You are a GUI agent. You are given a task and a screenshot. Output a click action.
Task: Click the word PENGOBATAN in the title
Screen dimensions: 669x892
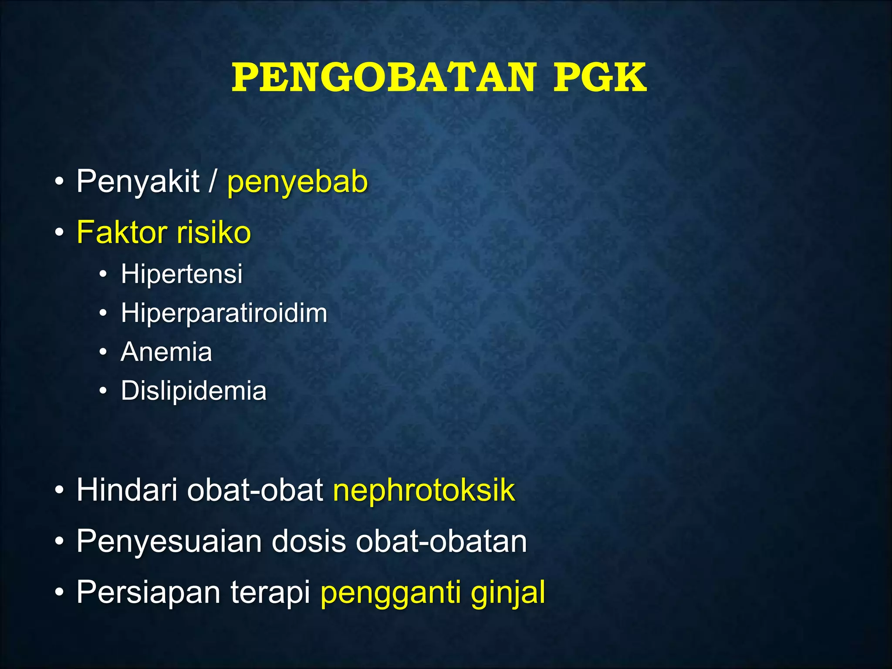[x=383, y=78]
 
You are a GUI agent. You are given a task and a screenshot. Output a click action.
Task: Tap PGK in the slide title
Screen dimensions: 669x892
[x=600, y=78]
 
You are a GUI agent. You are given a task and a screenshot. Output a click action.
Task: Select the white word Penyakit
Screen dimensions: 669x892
[x=138, y=181]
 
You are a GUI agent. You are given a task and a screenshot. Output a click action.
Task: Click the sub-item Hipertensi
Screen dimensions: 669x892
[x=182, y=274]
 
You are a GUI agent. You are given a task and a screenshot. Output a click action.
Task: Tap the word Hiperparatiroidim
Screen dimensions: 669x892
[x=224, y=313]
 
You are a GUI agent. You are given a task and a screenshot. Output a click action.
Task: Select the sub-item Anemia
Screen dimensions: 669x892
[x=166, y=351]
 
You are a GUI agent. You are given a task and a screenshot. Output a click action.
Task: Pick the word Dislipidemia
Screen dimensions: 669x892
[x=193, y=390]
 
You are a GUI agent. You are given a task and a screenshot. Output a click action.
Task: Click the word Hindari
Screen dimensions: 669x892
[x=127, y=490]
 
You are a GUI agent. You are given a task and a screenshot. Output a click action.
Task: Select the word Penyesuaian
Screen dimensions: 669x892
[x=169, y=541]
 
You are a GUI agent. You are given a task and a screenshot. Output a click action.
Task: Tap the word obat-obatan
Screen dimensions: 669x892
[x=441, y=541]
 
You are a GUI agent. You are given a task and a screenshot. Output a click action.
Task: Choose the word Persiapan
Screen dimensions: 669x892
[x=148, y=592]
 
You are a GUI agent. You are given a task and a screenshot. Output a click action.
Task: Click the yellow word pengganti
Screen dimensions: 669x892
[x=390, y=593]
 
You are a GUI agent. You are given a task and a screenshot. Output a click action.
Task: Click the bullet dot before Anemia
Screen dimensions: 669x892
[x=103, y=352]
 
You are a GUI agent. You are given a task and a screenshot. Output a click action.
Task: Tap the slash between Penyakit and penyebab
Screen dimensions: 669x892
[x=213, y=181]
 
